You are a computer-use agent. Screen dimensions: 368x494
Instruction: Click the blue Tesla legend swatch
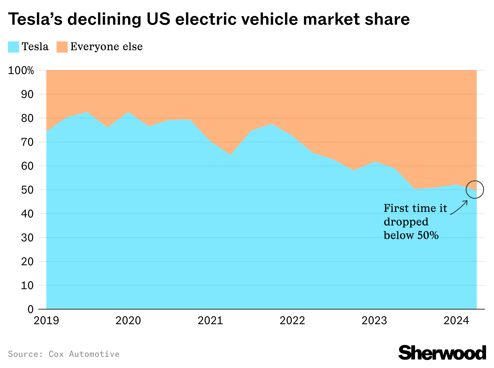(14, 47)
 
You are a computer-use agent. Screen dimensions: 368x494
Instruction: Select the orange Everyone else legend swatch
(62, 47)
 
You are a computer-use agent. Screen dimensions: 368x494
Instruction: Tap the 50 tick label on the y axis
(27, 190)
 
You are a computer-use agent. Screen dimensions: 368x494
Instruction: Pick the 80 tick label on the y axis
(27, 118)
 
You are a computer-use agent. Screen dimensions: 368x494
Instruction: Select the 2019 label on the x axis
(46, 321)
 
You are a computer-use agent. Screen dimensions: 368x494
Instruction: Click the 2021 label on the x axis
(210, 321)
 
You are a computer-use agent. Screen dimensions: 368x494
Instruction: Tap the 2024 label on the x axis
(456, 321)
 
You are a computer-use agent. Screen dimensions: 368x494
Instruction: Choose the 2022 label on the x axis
(292, 321)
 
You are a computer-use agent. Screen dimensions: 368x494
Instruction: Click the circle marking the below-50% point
(475, 190)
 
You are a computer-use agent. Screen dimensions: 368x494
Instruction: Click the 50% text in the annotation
(428, 235)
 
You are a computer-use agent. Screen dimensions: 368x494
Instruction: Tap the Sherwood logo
(442, 353)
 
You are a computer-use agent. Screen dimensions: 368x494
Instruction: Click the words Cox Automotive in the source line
(84, 354)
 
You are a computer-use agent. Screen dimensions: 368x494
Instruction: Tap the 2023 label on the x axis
(374, 321)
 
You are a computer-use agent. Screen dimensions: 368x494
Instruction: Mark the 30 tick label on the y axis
(27, 238)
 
